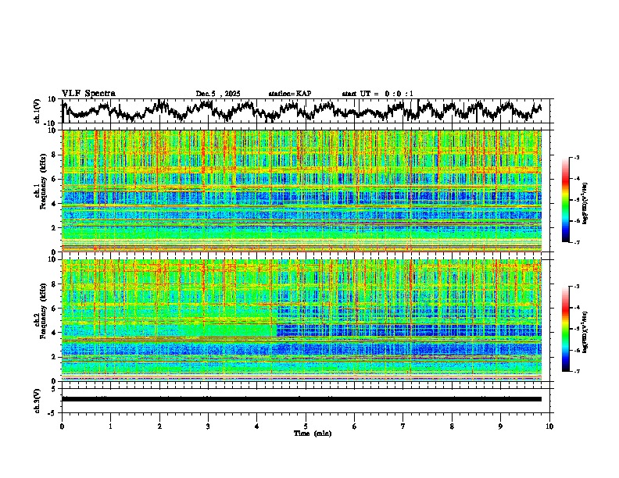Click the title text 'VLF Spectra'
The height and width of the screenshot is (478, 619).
(x=88, y=93)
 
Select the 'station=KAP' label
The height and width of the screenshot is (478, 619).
(x=289, y=94)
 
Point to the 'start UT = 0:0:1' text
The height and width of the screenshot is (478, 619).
(x=377, y=94)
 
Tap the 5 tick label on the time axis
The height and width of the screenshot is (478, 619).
(x=306, y=426)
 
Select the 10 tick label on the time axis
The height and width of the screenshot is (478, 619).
(x=549, y=426)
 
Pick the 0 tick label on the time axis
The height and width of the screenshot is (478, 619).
(x=62, y=426)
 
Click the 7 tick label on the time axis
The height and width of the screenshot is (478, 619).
(x=403, y=426)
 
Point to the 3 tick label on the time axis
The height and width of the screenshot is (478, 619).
(x=208, y=426)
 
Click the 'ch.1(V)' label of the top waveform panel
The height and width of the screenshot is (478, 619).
(x=38, y=111)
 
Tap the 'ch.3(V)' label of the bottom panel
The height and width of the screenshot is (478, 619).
(x=38, y=399)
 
